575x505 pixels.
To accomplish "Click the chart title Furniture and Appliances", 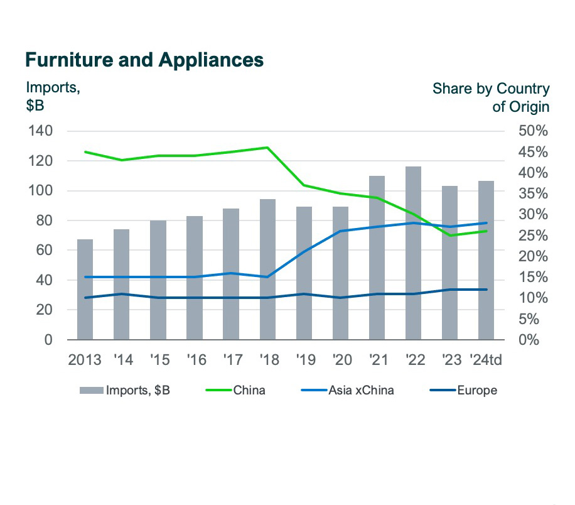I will click(144, 60).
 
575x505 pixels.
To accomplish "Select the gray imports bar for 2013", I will click(85, 290).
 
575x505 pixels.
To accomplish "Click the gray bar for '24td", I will click(486, 261).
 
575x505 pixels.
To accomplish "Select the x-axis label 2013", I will click(85, 361).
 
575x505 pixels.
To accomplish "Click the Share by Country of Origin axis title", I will click(491, 97).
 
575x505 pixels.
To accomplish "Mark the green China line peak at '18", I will click(267, 148).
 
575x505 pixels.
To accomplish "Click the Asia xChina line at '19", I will click(304, 252).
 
